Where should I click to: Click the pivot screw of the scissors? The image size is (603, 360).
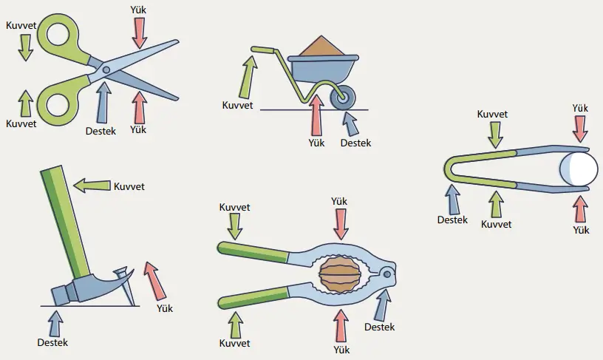pos(106,70)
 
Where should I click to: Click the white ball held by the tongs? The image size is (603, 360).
pos(579,169)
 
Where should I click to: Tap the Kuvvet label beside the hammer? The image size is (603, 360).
pos(129,186)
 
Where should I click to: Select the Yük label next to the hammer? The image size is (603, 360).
pos(165,308)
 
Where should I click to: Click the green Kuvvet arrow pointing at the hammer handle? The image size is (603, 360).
pos(92,185)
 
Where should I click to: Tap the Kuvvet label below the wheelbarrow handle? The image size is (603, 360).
pos(237,105)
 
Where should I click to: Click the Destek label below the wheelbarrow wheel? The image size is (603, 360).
pos(355,143)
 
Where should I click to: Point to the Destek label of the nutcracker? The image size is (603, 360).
pos(379,327)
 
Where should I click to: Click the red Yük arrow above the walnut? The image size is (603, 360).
pos(340,223)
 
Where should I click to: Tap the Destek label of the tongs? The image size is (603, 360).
pos(452,220)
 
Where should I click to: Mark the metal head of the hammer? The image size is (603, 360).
pos(81,285)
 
